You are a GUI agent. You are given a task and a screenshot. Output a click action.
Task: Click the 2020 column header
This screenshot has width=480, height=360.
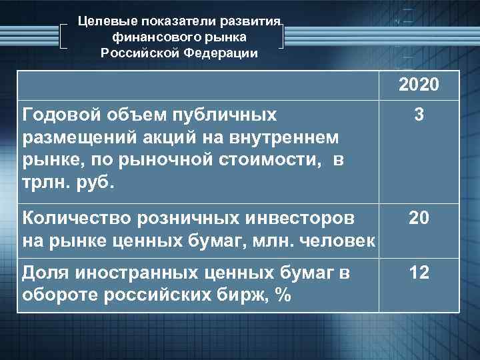pyautogui.click(x=419, y=85)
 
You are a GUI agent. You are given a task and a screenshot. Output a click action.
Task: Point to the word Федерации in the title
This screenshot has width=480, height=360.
pyautogui.click(x=225, y=53)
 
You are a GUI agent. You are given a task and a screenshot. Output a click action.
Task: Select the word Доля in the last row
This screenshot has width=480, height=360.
pyautogui.click(x=45, y=272)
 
